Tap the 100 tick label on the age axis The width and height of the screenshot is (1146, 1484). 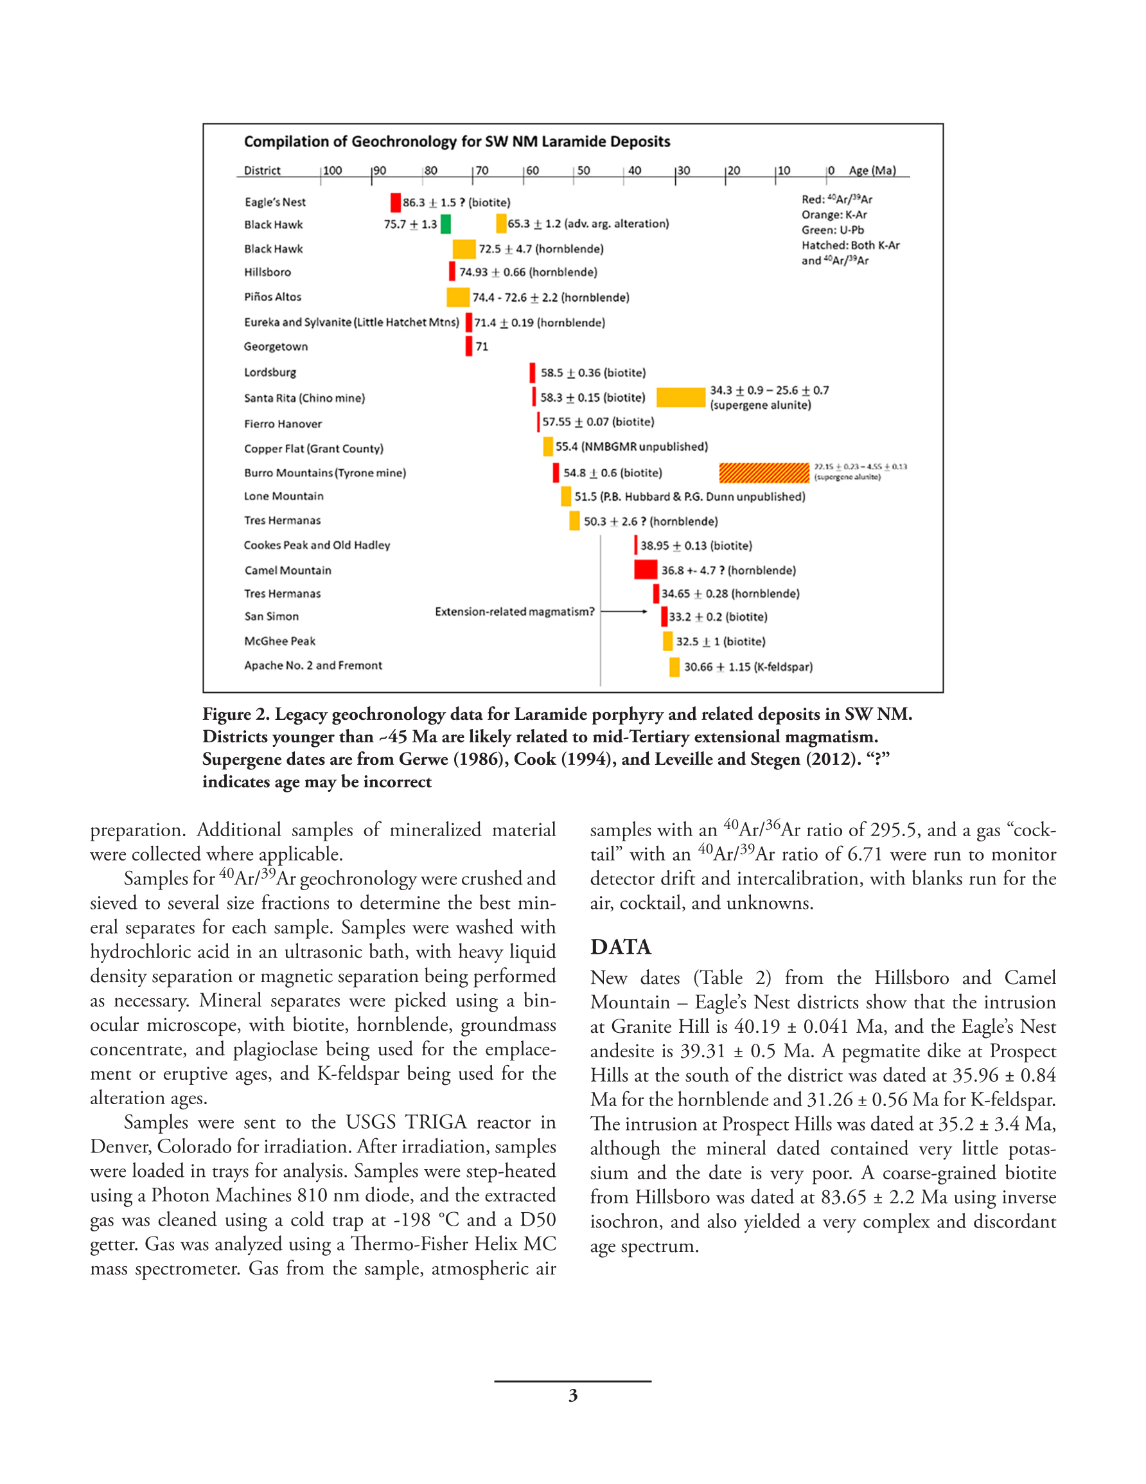click(x=332, y=170)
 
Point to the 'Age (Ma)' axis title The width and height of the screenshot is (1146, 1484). click(x=872, y=170)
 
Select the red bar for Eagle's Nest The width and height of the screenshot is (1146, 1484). click(x=395, y=202)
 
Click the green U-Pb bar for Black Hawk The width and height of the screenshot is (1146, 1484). click(x=446, y=224)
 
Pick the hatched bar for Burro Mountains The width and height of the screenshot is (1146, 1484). click(x=764, y=472)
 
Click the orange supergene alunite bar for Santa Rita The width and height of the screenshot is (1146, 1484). click(x=681, y=397)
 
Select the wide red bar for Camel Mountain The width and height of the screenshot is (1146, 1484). click(x=646, y=569)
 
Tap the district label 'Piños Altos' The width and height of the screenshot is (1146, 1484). click(x=272, y=297)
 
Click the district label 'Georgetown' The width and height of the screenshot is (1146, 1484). click(x=276, y=346)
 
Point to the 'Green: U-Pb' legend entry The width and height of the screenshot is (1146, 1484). click(x=832, y=229)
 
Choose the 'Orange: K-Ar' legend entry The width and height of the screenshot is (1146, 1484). click(x=834, y=215)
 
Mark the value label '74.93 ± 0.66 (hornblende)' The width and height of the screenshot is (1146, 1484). click(x=528, y=272)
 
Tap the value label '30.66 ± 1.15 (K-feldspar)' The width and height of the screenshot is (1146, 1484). click(x=748, y=666)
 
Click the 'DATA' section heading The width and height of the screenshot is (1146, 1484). click(x=620, y=947)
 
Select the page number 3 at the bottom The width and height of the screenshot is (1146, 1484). click(x=572, y=1395)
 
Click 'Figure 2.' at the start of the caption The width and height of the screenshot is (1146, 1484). click(x=236, y=714)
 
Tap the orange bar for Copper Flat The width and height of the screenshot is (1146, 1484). click(x=547, y=447)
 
